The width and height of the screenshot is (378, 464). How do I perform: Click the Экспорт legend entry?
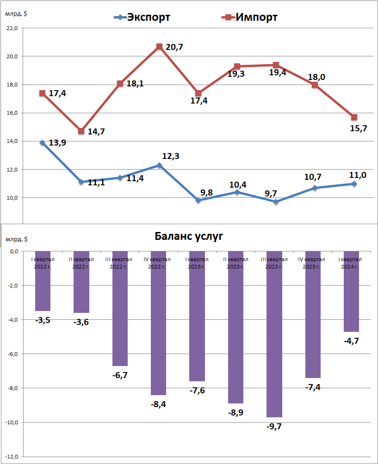coord(142,18)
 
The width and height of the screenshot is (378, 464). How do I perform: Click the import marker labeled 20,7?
coord(159,47)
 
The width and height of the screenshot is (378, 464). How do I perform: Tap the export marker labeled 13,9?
coord(43,143)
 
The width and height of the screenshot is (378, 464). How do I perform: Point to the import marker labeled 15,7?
coord(354,117)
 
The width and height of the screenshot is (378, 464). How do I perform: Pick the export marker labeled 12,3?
coord(159,165)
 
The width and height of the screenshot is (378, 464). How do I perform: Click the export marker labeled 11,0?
coord(354,184)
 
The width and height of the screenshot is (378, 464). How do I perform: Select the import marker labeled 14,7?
coord(81,131)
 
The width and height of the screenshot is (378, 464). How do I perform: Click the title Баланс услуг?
coord(188,237)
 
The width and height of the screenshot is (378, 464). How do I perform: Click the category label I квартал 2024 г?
coord(351,263)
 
